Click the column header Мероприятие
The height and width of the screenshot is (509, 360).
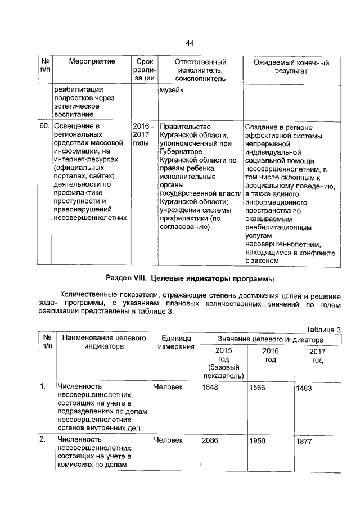coord(92,61)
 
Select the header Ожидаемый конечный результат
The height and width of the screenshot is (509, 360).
coord(291,67)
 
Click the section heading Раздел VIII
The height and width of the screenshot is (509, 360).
coord(190,278)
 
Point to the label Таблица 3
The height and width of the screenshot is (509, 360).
coord(323,329)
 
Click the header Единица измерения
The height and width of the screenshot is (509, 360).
coord(176,343)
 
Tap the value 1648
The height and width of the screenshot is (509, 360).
coord(209,388)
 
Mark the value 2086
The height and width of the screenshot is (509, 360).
coord(209,440)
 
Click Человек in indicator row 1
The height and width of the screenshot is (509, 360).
coord(168,388)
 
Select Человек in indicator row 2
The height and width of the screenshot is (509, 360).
coord(168,440)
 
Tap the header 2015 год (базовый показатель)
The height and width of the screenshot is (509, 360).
coord(223,363)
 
